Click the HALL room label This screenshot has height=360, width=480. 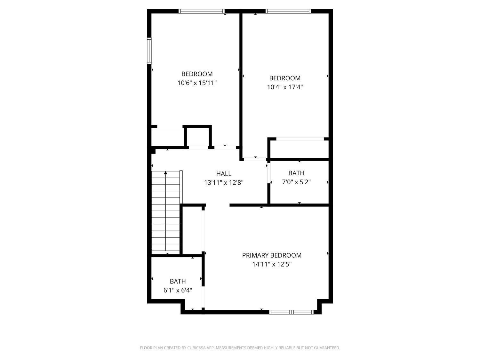(224, 174)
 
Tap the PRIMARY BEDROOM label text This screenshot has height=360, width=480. (272, 255)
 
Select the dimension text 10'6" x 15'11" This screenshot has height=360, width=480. (197, 83)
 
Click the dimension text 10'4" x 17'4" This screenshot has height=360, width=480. (285, 87)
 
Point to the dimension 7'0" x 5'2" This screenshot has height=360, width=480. (296, 182)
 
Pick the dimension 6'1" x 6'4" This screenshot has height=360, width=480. (178, 291)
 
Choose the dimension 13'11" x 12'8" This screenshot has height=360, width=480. (224, 183)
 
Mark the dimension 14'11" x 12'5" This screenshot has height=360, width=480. (272, 264)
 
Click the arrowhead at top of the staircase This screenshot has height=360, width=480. (165, 173)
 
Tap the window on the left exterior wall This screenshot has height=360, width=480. (149, 51)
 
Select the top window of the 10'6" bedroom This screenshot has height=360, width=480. (202, 11)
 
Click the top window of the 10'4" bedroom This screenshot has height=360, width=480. (288, 11)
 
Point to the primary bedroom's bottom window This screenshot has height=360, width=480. (292, 312)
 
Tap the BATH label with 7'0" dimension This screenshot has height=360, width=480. (296, 173)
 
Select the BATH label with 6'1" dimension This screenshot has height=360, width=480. (178, 282)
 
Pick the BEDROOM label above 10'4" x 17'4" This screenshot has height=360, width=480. (285, 78)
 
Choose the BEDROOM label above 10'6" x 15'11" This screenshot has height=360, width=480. (197, 74)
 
